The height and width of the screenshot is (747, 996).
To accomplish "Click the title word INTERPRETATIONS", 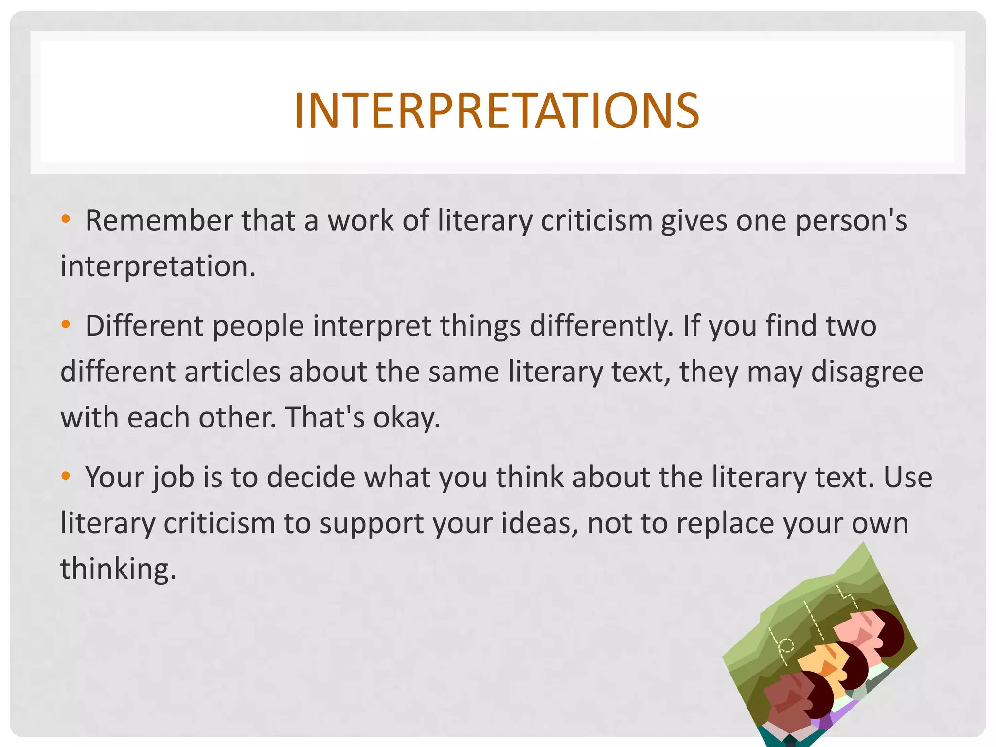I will pos(497,111).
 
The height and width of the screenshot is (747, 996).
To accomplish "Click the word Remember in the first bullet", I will pos(159,221).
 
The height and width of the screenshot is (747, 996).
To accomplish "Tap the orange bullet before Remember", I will pos(66,219).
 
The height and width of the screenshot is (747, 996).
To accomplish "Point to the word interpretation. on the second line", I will pos(158,267).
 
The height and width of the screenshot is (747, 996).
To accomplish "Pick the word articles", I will pos(232,372).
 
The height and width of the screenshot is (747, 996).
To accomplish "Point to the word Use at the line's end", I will pos(907,477).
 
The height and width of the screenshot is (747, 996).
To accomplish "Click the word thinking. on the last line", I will pos(118,569).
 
